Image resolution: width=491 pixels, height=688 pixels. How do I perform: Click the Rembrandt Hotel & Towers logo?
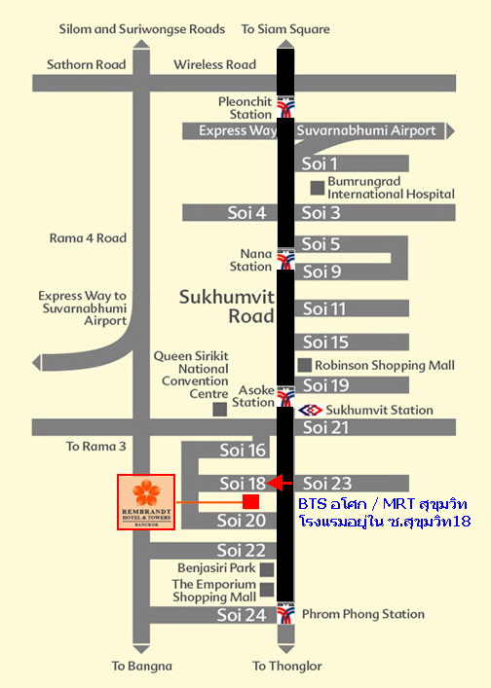[146, 502]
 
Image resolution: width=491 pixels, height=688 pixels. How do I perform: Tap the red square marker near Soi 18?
[250, 501]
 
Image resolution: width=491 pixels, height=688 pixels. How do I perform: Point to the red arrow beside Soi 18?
[280, 483]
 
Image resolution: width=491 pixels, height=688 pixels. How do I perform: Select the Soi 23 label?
[327, 483]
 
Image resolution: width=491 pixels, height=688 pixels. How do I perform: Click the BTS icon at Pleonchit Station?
[285, 107]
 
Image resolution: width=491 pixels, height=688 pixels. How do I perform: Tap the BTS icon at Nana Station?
[285, 259]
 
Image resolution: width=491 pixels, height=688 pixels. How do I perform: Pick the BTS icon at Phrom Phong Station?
[285, 613]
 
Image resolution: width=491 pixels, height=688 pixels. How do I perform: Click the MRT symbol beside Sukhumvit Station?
[311, 410]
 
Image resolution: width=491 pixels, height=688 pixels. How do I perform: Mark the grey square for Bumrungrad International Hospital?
[317, 188]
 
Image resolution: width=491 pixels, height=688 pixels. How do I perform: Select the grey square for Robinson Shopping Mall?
[304, 365]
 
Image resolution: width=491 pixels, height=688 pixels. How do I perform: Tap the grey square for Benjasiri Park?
[267, 569]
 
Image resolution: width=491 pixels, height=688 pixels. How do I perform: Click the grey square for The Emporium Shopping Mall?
[267, 589]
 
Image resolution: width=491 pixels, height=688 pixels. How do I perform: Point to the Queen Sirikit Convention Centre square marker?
[219, 409]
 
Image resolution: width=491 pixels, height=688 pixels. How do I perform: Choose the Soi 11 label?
[324, 308]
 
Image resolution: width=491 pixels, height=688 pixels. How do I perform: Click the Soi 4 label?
[246, 213]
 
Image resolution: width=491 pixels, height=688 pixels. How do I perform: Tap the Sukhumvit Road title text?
[227, 307]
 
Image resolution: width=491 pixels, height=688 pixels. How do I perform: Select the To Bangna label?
[141, 666]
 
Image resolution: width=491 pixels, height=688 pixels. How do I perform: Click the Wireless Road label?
[214, 64]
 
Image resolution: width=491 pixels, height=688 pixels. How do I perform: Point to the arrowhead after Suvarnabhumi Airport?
[450, 130]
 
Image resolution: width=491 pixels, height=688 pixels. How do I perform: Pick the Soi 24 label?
[241, 615]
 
